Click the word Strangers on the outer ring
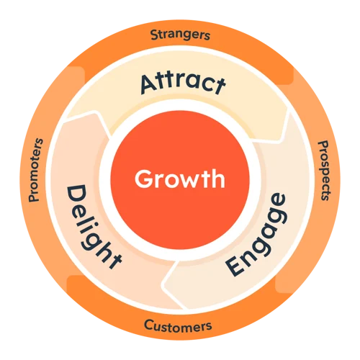(x=180, y=35)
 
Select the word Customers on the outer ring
(x=178, y=326)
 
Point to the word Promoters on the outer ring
(x=36, y=170)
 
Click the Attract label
(x=183, y=84)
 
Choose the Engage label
(x=256, y=235)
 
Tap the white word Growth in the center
(x=180, y=179)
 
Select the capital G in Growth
(x=143, y=179)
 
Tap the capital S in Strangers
(x=154, y=35)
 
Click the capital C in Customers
(x=148, y=325)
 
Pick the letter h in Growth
(x=217, y=179)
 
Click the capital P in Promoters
(x=35, y=197)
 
